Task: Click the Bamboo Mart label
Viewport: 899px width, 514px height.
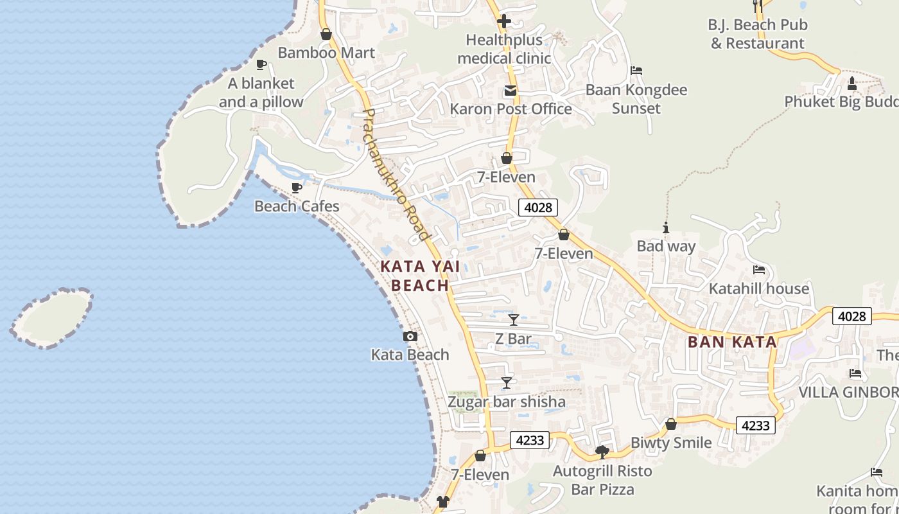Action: pyautogui.click(x=326, y=53)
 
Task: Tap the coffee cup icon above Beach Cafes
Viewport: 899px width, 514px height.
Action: pyautogui.click(x=297, y=188)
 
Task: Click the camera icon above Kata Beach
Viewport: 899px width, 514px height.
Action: pyautogui.click(x=410, y=336)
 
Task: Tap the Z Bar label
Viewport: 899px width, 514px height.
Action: pyautogui.click(x=513, y=339)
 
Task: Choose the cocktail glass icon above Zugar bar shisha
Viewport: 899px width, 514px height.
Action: pyautogui.click(x=507, y=383)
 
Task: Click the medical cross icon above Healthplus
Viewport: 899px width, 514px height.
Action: pyautogui.click(x=504, y=21)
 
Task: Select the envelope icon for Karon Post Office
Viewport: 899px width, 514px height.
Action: pyautogui.click(x=511, y=91)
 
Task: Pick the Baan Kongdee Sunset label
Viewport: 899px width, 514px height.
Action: pyautogui.click(x=636, y=99)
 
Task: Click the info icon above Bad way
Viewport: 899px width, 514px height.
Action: pyautogui.click(x=666, y=227)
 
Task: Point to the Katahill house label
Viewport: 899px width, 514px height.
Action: pyautogui.click(x=758, y=288)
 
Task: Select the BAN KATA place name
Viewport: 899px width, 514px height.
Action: pyautogui.click(x=732, y=342)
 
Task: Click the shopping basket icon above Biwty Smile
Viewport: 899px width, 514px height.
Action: pyautogui.click(x=671, y=424)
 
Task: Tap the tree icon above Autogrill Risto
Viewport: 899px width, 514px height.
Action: pyautogui.click(x=602, y=452)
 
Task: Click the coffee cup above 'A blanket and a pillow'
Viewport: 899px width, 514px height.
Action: pyautogui.click(x=261, y=64)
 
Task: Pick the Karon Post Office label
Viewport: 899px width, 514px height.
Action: pyautogui.click(x=511, y=109)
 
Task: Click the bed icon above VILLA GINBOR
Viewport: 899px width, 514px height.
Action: pyautogui.click(x=855, y=373)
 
